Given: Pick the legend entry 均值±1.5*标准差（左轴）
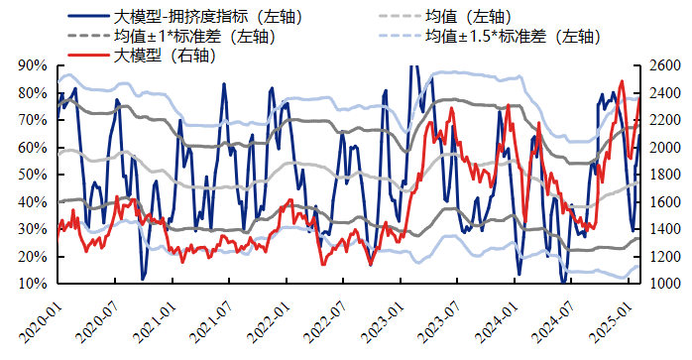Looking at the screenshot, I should (513, 36).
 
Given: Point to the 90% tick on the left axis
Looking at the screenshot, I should (33, 65).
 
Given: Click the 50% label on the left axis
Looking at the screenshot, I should (33, 175).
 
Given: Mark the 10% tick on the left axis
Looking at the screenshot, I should (33, 284).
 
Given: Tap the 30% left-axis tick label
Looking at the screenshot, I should (33, 229).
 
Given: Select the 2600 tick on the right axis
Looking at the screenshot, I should (664, 65).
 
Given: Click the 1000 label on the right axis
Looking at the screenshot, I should (664, 284).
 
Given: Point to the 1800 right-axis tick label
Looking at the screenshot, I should (664, 175).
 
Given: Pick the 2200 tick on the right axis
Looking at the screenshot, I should (664, 120).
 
